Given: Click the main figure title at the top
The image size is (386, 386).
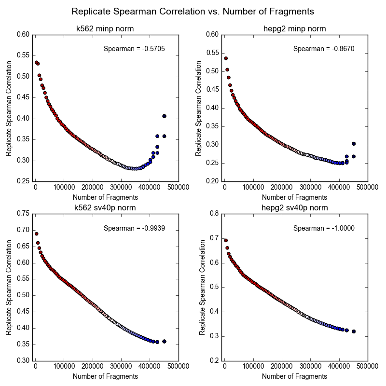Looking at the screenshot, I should tap(193, 11).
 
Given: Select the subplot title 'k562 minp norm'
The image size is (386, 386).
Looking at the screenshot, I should tap(105, 29).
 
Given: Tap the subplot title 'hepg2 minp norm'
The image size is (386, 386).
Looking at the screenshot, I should tap(295, 29).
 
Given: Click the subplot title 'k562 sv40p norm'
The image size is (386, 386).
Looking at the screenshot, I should tap(105, 208).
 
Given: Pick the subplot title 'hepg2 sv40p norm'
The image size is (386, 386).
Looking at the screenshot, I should tap(295, 208).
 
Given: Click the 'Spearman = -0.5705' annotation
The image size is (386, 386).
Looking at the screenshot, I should tap(135, 49).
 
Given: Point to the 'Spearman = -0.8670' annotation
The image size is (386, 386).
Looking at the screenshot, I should tap(324, 49).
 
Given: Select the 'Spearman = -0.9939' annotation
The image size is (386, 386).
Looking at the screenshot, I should tap(135, 228).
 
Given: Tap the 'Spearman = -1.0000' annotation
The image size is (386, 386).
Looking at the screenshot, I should tap(324, 228).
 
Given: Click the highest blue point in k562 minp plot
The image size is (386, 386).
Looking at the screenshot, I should tap(165, 116).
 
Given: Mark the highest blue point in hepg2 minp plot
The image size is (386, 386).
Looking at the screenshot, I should tap(354, 144).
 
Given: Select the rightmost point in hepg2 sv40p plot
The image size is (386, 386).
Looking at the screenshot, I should tap(354, 331).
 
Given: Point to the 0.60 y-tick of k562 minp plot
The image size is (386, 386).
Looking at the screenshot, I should tap(23, 35).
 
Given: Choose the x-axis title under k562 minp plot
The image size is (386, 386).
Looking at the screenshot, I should tap(105, 197).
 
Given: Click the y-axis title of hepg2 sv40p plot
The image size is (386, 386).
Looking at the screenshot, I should tap(203, 287).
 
